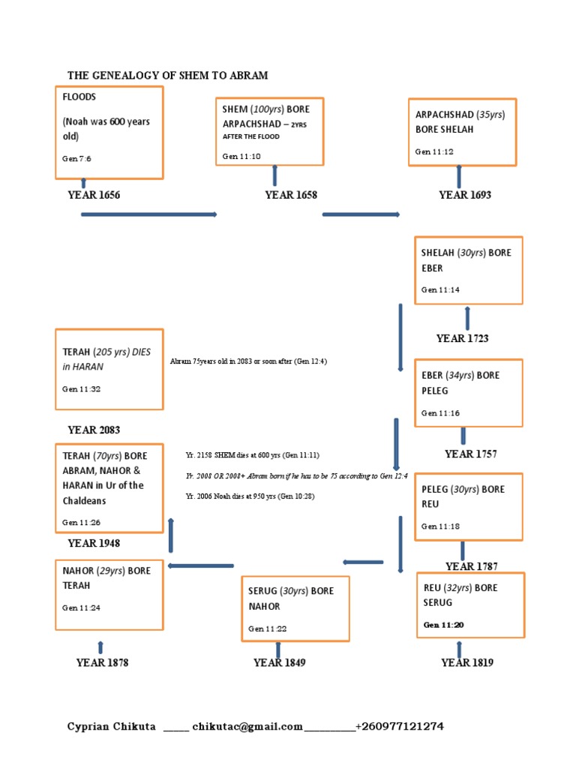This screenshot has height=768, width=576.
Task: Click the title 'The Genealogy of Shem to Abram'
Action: [x=167, y=76]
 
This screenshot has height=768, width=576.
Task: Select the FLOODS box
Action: [x=109, y=133]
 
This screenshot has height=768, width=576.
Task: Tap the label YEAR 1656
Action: [x=94, y=195]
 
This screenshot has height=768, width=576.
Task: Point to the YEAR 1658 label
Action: [x=291, y=195]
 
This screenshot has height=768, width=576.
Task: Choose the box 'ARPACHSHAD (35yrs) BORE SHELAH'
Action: [x=462, y=131]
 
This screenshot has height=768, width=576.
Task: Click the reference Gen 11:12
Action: [x=434, y=151]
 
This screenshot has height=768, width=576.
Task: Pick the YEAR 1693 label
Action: [x=465, y=195]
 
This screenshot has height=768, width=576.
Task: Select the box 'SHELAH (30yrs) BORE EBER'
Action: [x=468, y=270]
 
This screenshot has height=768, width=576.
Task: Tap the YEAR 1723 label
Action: [x=462, y=338]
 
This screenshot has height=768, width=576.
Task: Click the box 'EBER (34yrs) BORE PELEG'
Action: [x=468, y=393]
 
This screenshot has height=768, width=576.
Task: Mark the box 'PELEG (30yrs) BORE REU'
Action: [x=468, y=506]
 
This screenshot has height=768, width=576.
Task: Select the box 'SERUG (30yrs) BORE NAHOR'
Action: [x=295, y=608]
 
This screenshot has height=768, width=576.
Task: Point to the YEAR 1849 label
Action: [x=279, y=662]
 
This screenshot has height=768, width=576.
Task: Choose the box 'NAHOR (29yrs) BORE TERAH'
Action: [x=109, y=594]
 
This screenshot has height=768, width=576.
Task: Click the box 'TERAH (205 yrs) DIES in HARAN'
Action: [x=109, y=369]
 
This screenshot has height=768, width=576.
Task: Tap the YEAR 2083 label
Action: [x=94, y=430]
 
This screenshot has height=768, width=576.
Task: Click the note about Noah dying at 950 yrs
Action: [x=250, y=496]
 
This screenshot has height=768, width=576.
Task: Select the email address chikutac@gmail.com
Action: [x=247, y=726]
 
